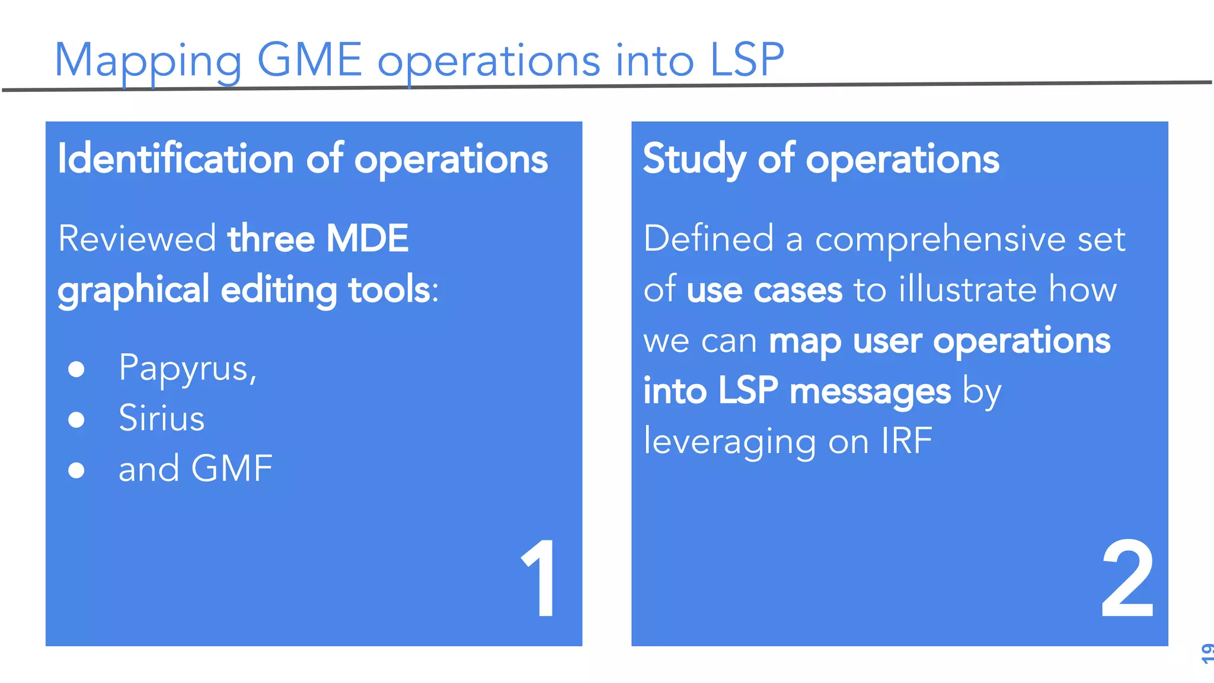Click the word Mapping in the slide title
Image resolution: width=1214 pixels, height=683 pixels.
148,61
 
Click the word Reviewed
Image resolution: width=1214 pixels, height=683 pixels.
137,239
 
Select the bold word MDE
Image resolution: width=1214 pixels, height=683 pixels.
367,239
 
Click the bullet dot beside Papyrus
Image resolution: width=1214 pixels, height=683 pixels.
76,369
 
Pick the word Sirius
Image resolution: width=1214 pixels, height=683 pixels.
161,418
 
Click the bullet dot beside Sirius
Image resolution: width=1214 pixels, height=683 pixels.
76,420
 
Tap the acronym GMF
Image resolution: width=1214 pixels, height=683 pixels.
232,468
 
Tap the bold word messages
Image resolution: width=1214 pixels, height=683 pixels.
870,392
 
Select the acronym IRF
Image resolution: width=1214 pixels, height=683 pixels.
906,441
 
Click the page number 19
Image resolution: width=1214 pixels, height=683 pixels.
1206,653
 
